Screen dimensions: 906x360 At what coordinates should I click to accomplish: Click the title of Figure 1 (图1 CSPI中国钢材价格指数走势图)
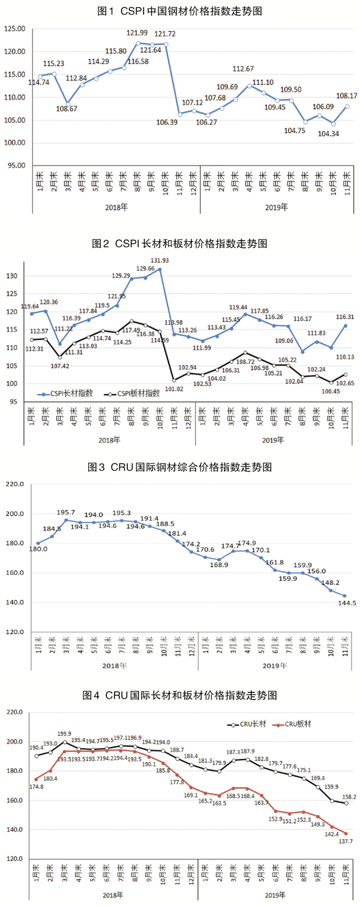click(179, 11)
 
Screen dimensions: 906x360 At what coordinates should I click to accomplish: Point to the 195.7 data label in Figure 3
click(67, 512)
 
